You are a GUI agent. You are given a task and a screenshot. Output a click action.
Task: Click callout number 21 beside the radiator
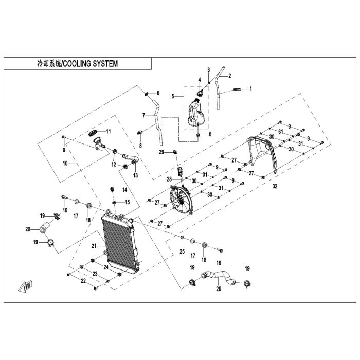pyautogui.click(x=94, y=246)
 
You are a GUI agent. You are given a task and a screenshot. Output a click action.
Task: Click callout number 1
pyautogui.click(x=250, y=88)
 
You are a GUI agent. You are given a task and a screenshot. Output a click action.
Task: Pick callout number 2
pyautogui.click(x=229, y=76)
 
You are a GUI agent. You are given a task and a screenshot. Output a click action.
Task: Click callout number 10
pyautogui.click(x=65, y=163)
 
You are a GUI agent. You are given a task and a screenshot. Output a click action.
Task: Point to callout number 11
pyautogui.click(x=108, y=131)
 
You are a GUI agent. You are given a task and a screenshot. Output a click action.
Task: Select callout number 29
pyautogui.click(x=161, y=152)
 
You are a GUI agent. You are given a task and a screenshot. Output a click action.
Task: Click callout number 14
pyautogui.click(x=124, y=190)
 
